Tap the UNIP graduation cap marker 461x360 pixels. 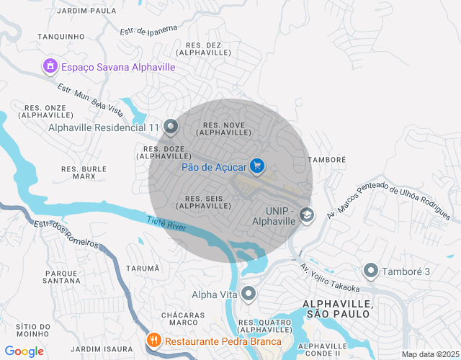pyautogui.click(x=307, y=215)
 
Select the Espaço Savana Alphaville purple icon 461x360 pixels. pyautogui.click(x=50, y=67)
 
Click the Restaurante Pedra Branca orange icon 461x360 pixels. pyautogui.click(x=153, y=341)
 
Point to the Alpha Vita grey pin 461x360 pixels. pyautogui.click(x=249, y=294)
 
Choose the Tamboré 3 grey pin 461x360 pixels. pyautogui.click(x=371, y=271)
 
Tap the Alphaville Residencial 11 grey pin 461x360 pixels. pyautogui.click(x=171, y=127)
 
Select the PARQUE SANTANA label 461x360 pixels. pyautogui.click(x=61, y=276)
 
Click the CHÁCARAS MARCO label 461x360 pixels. pyautogui.click(x=179, y=319)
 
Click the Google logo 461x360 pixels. pyautogui.click(x=24, y=351)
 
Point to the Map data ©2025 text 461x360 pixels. pyautogui.click(x=429, y=354)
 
